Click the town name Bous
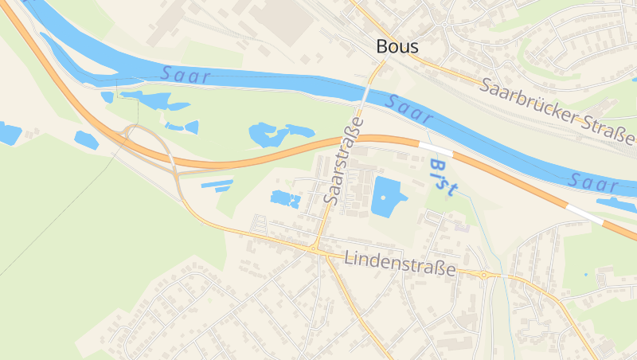(x=397, y=47)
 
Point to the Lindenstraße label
(x=401, y=264)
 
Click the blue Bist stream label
(x=443, y=177)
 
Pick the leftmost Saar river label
(x=185, y=76)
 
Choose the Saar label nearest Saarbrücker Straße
(x=409, y=110)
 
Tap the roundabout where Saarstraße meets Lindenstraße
(x=315, y=249)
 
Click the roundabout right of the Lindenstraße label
(x=483, y=275)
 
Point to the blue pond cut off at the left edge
(x=9, y=133)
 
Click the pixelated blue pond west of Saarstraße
(x=284, y=199)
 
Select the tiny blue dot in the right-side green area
(x=586, y=275)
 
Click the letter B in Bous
(x=383, y=47)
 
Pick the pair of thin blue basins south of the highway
(x=217, y=186)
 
